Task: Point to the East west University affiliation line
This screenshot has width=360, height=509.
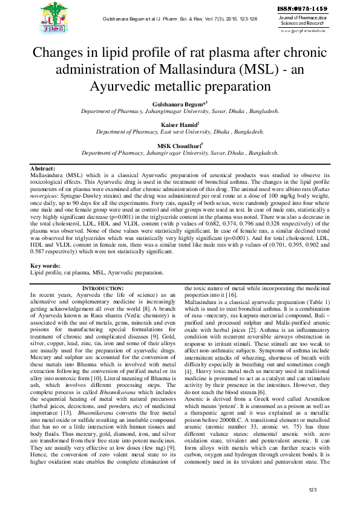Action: (x=180, y=131)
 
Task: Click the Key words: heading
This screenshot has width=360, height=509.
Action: (x=46, y=266)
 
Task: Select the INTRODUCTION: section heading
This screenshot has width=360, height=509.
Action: (x=102, y=288)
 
